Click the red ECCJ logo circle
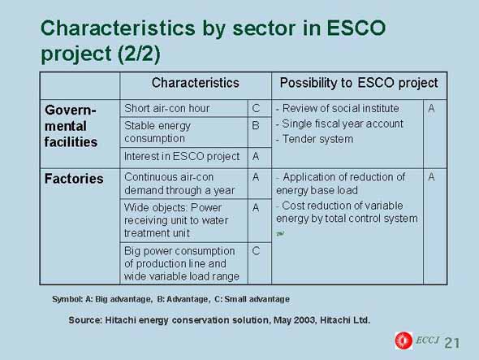click(x=403, y=340)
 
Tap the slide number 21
click(x=452, y=343)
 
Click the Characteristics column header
click(x=196, y=83)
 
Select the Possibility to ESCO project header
click(x=359, y=83)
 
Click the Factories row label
click(x=74, y=179)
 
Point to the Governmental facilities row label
click(x=71, y=126)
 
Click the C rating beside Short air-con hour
click(x=256, y=108)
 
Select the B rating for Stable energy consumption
click(x=256, y=125)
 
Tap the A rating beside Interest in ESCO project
click(x=256, y=157)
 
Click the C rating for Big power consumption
click(x=256, y=251)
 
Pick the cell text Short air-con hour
click(x=166, y=108)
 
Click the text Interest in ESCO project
click(x=182, y=157)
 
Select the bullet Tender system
click(x=315, y=139)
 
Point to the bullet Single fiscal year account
click(x=339, y=124)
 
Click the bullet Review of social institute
click(x=338, y=108)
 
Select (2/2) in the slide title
click(x=139, y=54)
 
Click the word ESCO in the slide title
click(x=356, y=28)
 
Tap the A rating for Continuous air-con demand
click(x=256, y=177)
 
